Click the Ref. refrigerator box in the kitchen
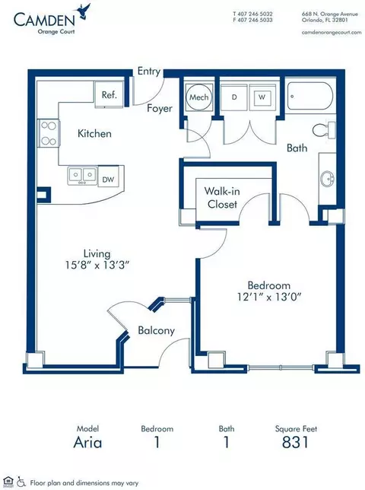(x=109, y=94)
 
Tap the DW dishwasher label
(x=108, y=180)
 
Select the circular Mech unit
(x=199, y=97)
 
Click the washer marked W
(x=262, y=97)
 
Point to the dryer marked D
(x=234, y=97)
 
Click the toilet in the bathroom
(x=324, y=129)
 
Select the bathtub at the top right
(x=309, y=96)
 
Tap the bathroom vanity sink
(x=327, y=179)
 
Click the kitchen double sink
(x=82, y=175)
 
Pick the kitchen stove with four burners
(x=49, y=133)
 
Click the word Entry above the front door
(x=149, y=72)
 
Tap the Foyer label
(x=160, y=109)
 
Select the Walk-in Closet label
(x=222, y=198)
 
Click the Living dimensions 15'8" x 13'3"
(x=97, y=266)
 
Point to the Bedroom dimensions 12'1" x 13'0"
(x=269, y=297)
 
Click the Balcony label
(x=156, y=331)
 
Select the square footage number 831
(x=295, y=442)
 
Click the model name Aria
(x=87, y=443)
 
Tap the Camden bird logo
(x=84, y=11)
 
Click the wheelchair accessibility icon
(x=21, y=482)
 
